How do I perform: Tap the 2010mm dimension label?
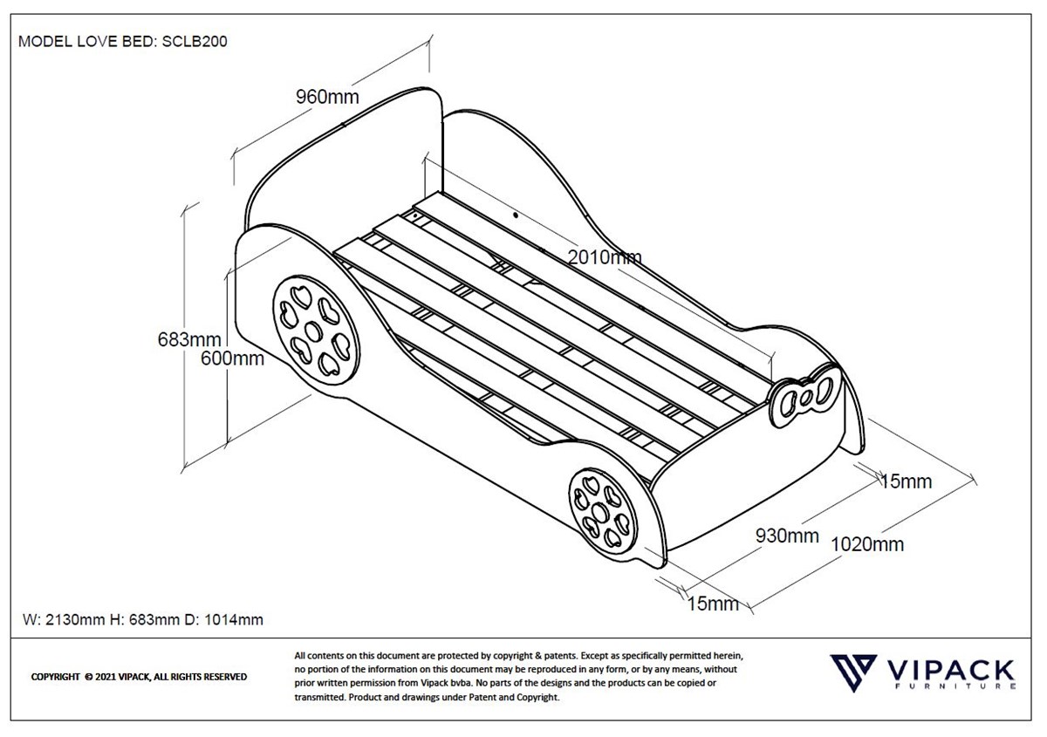[x=605, y=256]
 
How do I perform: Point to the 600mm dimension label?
[x=232, y=358]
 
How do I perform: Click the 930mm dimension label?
[x=787, y=536]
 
